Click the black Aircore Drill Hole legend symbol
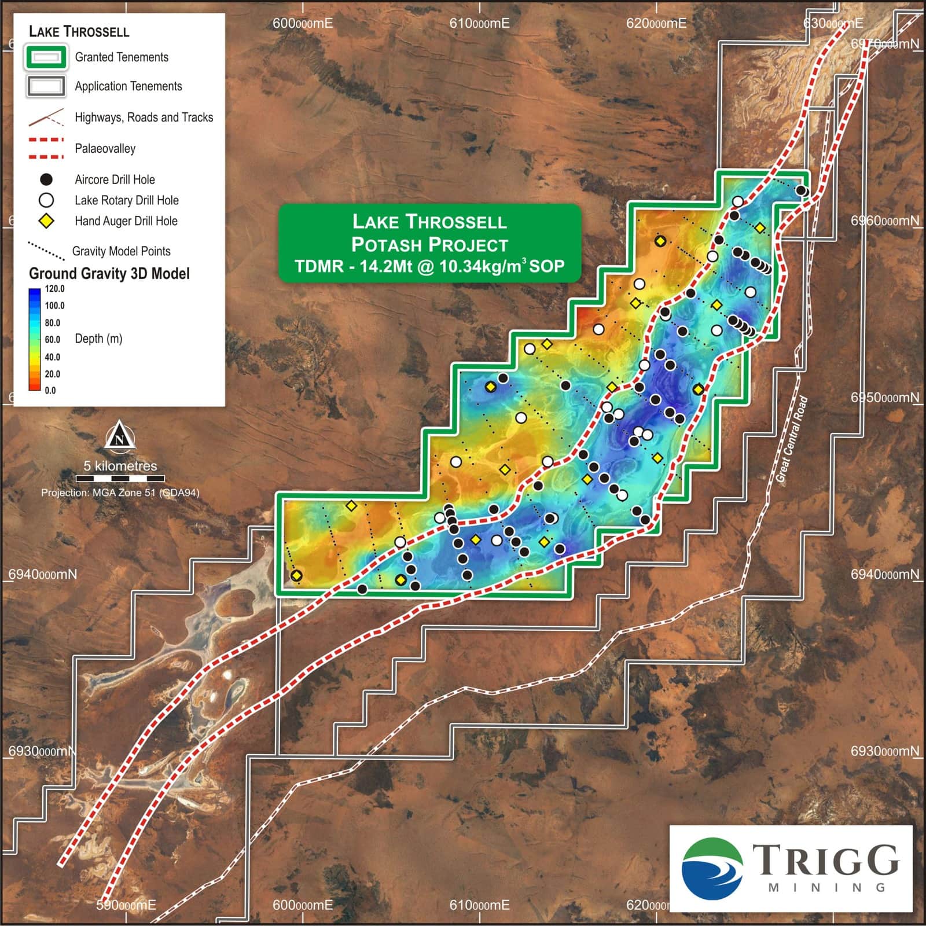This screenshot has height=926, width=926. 46,179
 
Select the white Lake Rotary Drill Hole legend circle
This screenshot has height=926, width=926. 46,200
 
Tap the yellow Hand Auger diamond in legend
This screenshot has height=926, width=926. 46,221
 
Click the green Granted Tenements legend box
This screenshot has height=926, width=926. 46,57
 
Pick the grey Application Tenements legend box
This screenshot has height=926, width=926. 46,86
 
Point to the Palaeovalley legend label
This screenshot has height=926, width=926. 105,149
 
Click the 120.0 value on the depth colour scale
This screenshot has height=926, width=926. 55,289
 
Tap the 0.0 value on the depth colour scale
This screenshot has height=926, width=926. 50,391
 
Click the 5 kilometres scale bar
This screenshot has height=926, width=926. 120,478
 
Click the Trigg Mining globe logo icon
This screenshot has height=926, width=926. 712,868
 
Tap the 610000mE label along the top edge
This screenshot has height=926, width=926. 479,23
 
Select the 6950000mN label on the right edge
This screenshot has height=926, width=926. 884,398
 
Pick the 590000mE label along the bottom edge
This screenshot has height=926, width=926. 126,905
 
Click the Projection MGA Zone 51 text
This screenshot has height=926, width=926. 120,493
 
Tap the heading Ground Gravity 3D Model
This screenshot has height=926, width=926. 109,274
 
